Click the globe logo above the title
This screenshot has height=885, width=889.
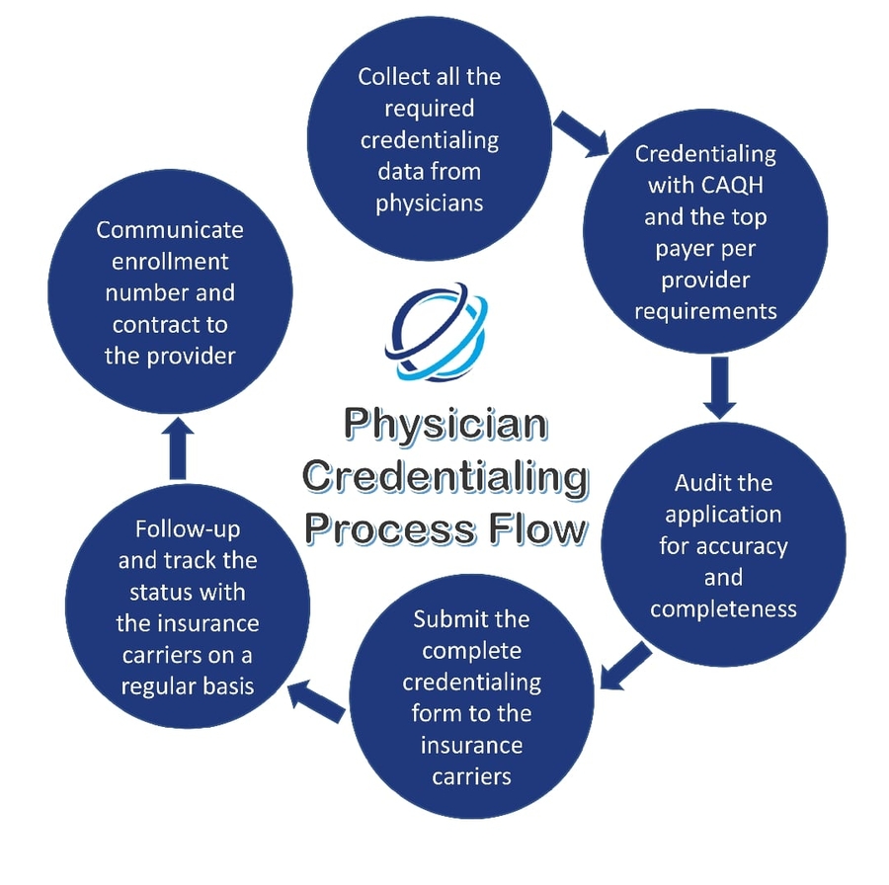[x=435, y=334]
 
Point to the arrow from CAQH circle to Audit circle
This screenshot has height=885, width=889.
[x=720, y=386]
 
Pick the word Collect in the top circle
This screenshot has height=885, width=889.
[x=391, y=76]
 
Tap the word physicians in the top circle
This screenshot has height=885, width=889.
[x=430, y=202]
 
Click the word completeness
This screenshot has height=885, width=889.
[x=723, y=608]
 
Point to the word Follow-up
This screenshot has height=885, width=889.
[x=188, y=528]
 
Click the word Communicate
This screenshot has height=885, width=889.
[x=170, y=229]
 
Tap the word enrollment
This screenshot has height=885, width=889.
[x=170, y=262]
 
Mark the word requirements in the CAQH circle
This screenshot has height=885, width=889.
[x=705, y=311]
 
